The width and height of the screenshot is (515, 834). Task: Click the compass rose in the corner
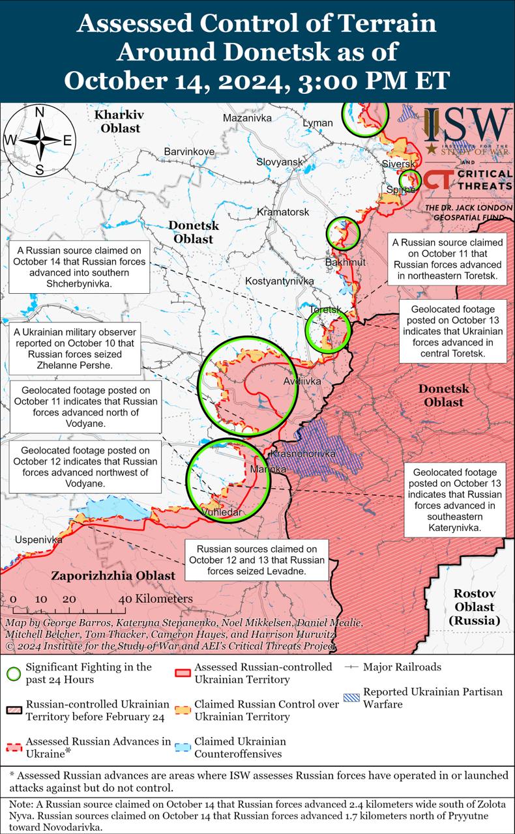click(39, 141)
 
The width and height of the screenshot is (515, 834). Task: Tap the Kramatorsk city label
click(283, 212)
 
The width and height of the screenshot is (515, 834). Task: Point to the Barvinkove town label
click(189, 152)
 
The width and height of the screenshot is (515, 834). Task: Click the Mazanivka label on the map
click(247, 119)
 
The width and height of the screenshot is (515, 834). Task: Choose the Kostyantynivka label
click(280, 281)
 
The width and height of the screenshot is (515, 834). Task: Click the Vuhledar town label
click(222, 512)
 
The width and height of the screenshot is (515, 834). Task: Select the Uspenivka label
click(38, 540)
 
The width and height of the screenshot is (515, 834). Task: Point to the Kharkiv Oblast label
click(119, 122)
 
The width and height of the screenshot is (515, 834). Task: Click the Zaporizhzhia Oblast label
click(113, 576)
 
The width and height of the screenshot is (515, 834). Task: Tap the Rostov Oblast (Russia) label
click(475, 607)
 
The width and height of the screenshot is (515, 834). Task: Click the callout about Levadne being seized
click(256, 560)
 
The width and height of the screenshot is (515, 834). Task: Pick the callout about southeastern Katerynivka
click(455, 500)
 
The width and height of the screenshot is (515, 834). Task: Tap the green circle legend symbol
click(14, 673)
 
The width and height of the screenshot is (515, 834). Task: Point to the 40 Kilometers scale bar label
click(156, 599)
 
